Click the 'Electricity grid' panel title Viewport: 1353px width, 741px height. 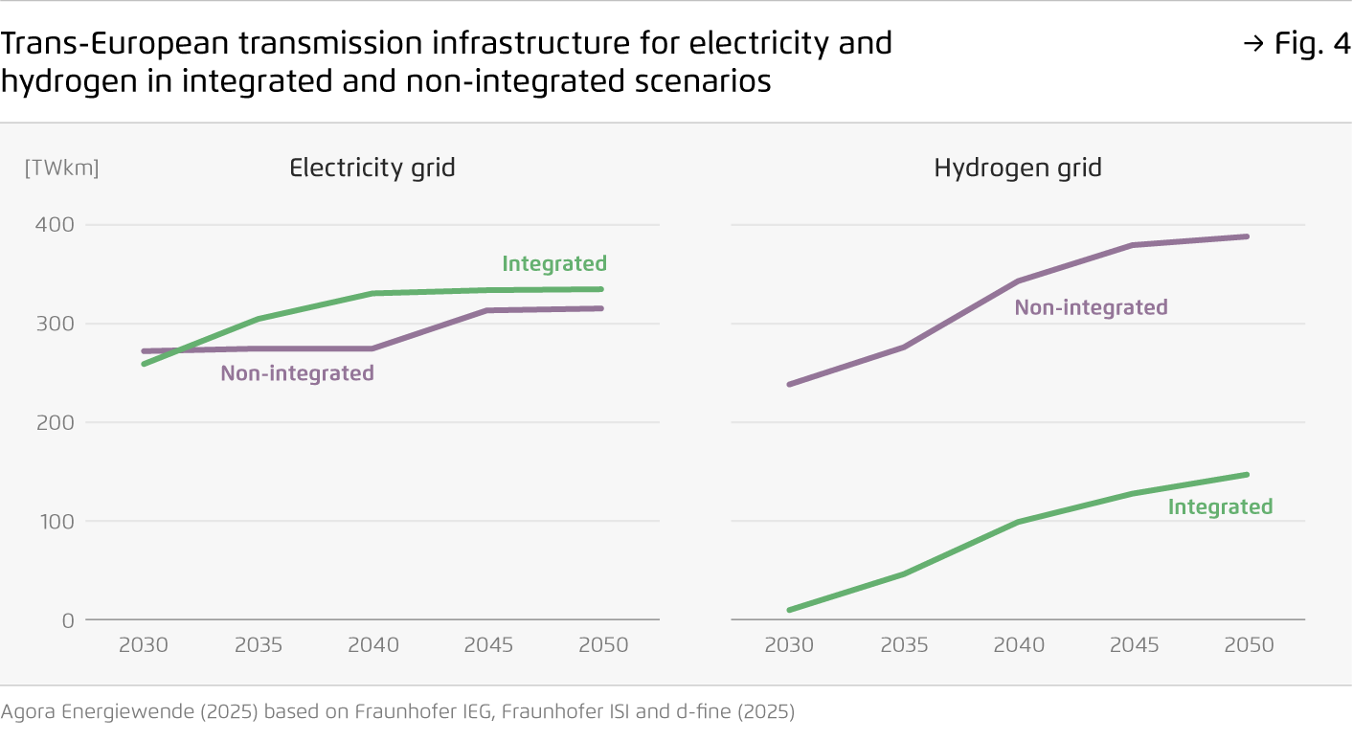coord(372,168)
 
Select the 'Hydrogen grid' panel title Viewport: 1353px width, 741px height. coord(1018,168)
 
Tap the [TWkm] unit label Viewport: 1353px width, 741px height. coord(61,168)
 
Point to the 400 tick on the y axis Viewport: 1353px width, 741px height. coord(55,225)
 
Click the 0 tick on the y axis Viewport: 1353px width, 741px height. coord(67,620)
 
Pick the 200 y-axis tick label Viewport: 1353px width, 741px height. coord(55,422)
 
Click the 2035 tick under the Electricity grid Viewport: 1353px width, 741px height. coord(259,645)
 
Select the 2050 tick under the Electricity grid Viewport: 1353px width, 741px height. coord(603,645)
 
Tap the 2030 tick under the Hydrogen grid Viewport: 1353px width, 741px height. coord(789,645)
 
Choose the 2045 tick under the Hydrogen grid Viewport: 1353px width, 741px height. coord(1134,645)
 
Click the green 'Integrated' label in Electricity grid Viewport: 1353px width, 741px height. coord(554,263)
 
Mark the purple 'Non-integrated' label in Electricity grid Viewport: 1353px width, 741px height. coord(297,373)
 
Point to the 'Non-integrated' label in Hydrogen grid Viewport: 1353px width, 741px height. coord(1091,307)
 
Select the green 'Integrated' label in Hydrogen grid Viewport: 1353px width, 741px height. coord(1220,506)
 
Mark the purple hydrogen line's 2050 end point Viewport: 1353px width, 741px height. coord(1248,236)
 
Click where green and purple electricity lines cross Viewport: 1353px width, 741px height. coord(163,351)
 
